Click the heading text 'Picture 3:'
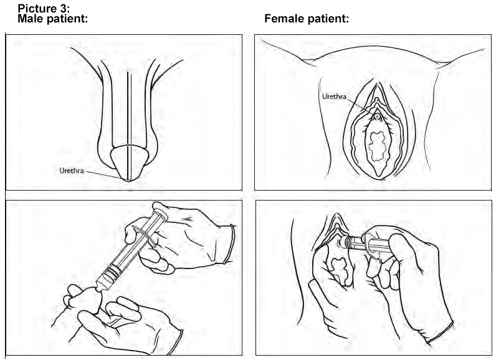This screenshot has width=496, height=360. [44, 8]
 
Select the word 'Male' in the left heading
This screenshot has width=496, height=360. [31, 19]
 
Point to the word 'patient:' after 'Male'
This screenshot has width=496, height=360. [67, 19]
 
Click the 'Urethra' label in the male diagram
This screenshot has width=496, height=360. [72, 171]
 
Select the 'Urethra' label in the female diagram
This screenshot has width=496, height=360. [334, 97]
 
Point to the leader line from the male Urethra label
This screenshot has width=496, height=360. [106, 176]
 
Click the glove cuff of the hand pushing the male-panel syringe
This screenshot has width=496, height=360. [230, 244]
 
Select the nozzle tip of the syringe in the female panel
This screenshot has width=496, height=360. [339, 244]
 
